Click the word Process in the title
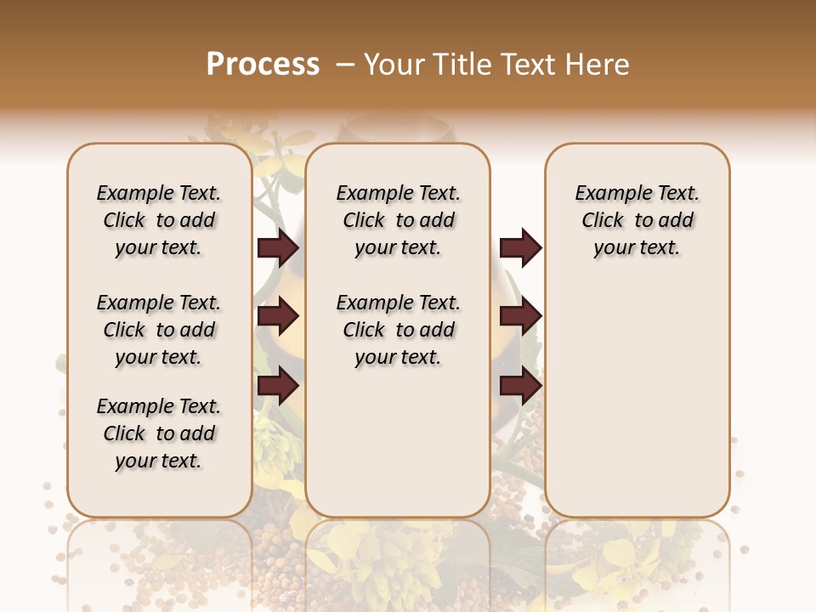pos(263,65)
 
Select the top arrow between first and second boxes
pos(278,248)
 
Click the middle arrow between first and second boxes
pos(278,317)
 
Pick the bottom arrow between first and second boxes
pos(278,386)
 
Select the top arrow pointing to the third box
pos(520,248)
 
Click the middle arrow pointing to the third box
pos(520,317)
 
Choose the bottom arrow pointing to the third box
pos(520,386)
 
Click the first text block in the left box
pos(159,220)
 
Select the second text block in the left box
pos(159,330)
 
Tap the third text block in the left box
pos(159,433)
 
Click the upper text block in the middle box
pos(398,220)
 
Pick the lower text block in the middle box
pos(398,330)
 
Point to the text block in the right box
pos(637,220)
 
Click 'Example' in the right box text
pos(609,193)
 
